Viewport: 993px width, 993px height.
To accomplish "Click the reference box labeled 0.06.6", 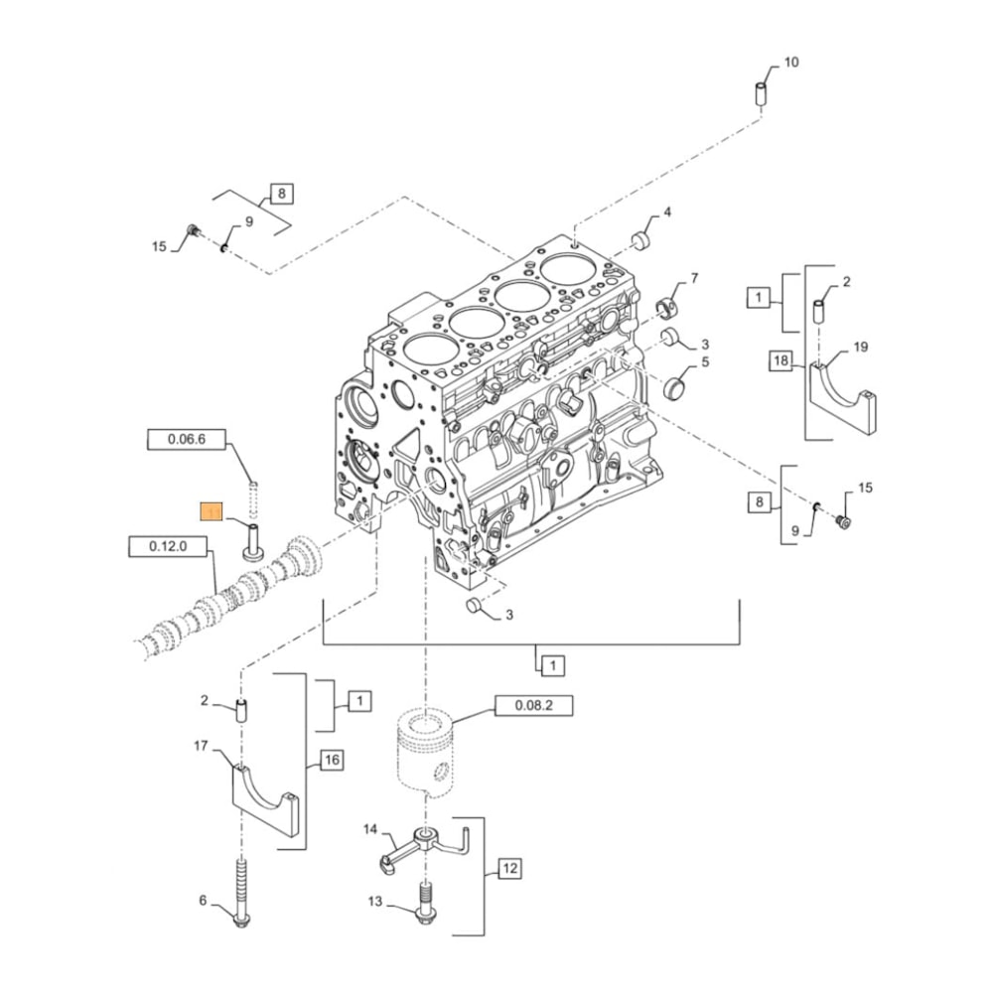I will coord(188,440).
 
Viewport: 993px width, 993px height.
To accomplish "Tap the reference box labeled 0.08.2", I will coord(533,706).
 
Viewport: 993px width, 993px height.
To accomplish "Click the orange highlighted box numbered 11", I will coord(212,512).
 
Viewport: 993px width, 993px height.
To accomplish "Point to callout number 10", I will coord(790,63).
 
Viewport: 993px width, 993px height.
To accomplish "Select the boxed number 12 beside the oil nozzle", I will coord(509,870).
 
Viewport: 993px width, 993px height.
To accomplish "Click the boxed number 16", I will coord(331,761).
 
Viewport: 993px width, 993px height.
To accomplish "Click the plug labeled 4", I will coord(641,239).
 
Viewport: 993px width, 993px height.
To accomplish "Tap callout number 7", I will coord(694,278).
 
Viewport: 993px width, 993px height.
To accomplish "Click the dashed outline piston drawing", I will coord(428,750).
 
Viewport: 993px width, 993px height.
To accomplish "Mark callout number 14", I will coord(371,828).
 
